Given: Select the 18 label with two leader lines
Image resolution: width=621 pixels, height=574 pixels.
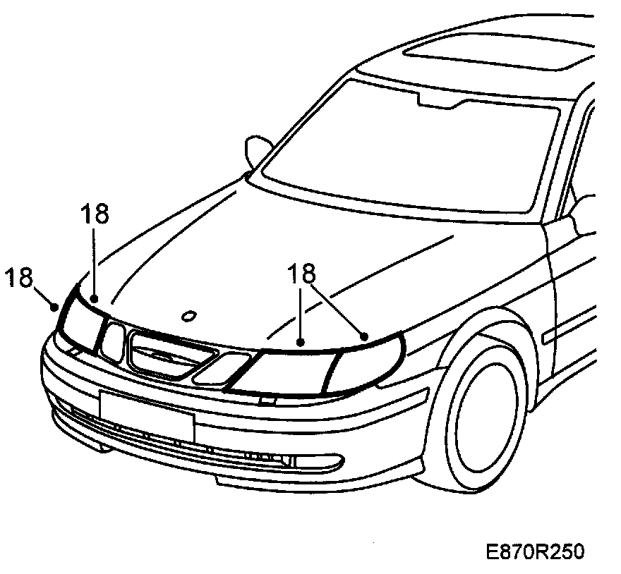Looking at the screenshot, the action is (x=301, y=274).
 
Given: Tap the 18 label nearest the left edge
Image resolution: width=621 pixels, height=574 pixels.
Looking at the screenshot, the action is (x=21, y=278).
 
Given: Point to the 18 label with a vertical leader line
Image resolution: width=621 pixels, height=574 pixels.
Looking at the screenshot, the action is (x=94, y=214).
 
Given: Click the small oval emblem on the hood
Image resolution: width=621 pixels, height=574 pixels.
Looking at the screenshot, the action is (x=188, y=315).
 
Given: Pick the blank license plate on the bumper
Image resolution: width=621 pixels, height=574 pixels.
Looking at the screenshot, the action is (x=146, y=415).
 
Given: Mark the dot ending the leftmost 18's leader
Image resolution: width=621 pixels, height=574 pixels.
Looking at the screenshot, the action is (x=54, y=305).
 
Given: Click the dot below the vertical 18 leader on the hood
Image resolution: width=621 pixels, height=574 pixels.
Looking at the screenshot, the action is (x=94, y=299).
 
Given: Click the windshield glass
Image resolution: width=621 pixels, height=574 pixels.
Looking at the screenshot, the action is (x=402, y=148).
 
